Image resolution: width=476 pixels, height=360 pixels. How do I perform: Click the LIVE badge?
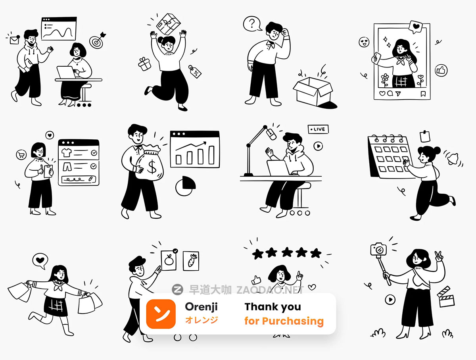click(x=318, y=129)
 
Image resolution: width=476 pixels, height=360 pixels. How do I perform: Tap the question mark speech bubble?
click(x=252, y=24)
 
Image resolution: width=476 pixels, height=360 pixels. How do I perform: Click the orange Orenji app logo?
click(x=161, y=314)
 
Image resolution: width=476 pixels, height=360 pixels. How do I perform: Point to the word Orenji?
click(x=201, y=307)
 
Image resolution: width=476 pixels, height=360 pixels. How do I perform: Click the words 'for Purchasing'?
click(x=284, y=321)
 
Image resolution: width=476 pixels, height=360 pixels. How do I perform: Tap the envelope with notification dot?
click(x=15, y=40)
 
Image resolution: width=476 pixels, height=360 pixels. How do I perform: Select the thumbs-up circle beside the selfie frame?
click(x=441, y=70)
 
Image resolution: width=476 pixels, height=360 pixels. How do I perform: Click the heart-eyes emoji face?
click(x=364, y=42)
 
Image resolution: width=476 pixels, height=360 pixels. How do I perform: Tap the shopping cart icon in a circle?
click(x=21, y=155)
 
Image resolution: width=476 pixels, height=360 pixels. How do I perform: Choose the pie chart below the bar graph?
click(x=185, y=186)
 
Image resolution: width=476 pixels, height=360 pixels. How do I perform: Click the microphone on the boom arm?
click(x=271, y=134)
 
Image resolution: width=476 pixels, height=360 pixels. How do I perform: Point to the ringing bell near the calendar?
click(x=453, y=159)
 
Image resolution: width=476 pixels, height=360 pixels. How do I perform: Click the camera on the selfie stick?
click(x=378, y=249)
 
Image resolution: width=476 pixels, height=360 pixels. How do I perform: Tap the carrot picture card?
click(x=191, y=261)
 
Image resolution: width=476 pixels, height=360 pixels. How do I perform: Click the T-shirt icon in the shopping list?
click(x=66, y=152)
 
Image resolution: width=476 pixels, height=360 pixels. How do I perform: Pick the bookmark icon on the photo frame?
click(x=423, y=94)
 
